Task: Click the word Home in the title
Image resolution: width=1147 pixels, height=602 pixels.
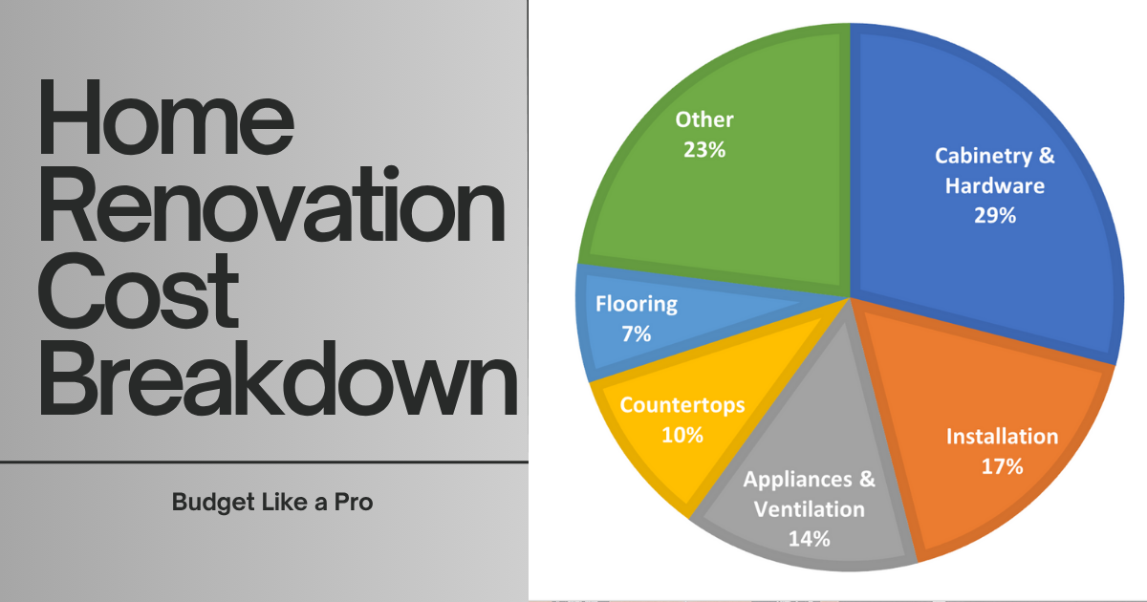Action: pos(166,117)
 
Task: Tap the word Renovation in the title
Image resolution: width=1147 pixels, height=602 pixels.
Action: pos(271,204)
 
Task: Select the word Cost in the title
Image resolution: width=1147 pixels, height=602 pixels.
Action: pos(139,290)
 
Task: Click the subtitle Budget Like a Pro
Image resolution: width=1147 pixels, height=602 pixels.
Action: pos(272,503)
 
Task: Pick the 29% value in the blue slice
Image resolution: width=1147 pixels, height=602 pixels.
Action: pos(995,216)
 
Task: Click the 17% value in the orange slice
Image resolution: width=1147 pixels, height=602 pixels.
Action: pos(1002,466)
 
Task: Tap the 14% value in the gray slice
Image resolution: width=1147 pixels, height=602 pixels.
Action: pos(809,539)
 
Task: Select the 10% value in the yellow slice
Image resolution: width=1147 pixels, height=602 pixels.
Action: pos(682,435)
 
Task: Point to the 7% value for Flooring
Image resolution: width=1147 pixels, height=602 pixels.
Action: pos(637,334)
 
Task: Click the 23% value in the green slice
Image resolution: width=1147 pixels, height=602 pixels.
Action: pos(704,150)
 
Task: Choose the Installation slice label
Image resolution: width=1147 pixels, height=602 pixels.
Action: pos(1002,437)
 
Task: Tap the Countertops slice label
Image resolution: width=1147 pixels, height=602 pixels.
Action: pos(682,405)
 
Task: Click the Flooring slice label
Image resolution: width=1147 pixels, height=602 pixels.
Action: pos(637,304)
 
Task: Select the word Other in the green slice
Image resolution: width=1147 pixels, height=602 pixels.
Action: pos(704,119)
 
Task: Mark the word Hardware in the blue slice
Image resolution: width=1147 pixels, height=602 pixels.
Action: pos(995,185)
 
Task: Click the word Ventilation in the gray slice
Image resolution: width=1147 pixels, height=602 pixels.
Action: pos(809,509)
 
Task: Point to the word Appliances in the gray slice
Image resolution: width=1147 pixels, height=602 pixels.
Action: pos(798,480)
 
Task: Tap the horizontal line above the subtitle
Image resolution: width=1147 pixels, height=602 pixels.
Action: pos(264,462)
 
